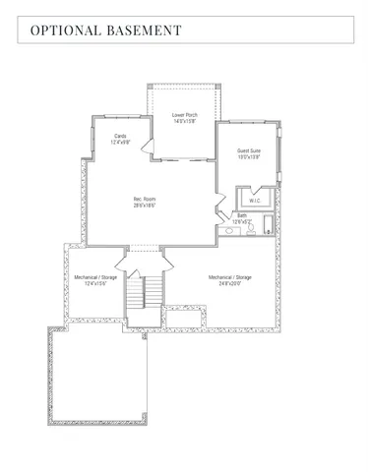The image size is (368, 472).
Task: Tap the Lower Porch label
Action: coord(185,115)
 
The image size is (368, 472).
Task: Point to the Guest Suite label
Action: coord(249,150)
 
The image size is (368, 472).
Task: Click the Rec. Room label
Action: coord(145,199)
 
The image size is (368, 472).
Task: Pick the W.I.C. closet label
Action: coord(255,201)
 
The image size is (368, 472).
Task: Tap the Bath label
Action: coord(242,215)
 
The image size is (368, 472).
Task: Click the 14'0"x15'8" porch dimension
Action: coord(185,122)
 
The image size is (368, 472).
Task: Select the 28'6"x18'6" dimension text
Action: coord(145,206)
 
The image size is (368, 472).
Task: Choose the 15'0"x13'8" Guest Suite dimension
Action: coord(249,157)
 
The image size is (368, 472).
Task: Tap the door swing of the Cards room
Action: coord(147,147)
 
